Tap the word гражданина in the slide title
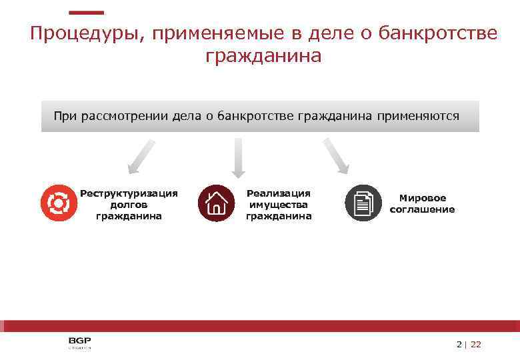coord(263,56)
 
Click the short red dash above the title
coord(87,12)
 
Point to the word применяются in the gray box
coord(418,116)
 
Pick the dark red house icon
coord(216,203)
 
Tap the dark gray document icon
coord(363,203)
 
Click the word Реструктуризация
coord(129,193)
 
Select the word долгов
coord(129,205)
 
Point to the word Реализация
coord(279,193)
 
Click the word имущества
coord(279,205)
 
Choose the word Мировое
coord(423,198)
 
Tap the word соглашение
coord(423,209)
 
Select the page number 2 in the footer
coord(459,345)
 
